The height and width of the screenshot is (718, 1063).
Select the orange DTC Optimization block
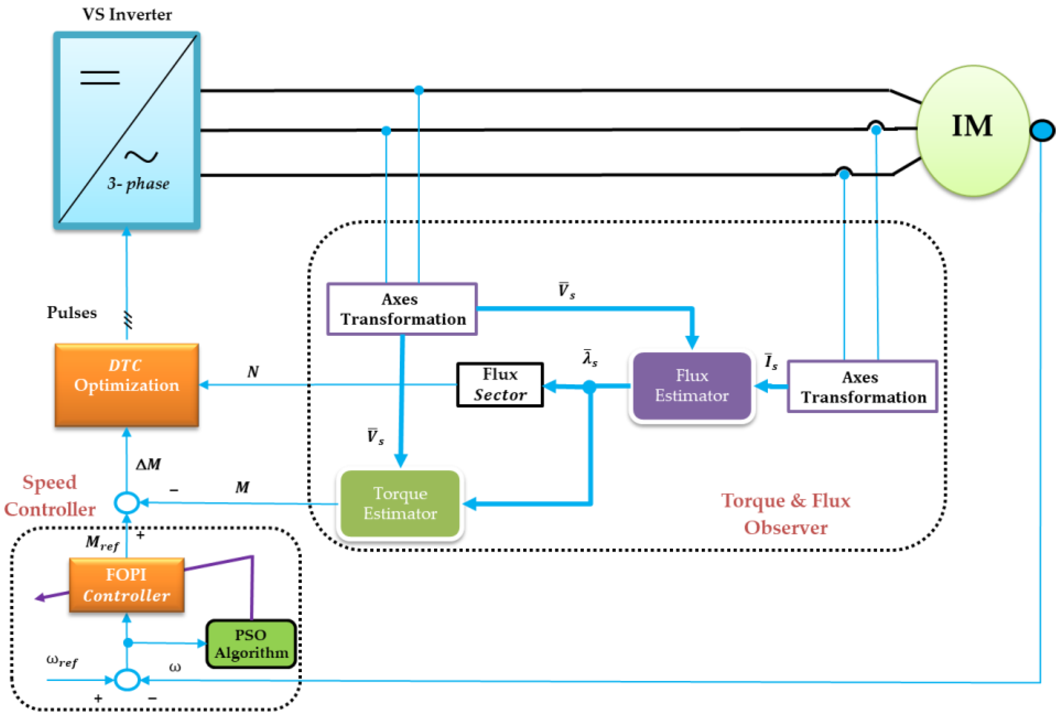point(127,385)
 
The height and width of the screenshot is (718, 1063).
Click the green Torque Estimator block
point(400,503)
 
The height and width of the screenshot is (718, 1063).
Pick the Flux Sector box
point(500,385)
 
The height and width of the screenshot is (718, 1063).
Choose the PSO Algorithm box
point(251,644)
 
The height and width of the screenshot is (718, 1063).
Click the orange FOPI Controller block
point(127,585)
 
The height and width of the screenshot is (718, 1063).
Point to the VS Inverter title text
point(127,15)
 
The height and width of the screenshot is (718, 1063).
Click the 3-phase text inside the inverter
point(138,184)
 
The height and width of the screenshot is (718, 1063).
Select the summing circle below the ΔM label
point(127,503)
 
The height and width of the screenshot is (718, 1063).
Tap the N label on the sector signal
point(253,371)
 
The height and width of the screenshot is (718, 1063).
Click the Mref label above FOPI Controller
point(102,544)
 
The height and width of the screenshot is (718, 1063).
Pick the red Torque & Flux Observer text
point(785,514)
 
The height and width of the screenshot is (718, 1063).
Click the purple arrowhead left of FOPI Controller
point(40,598)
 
